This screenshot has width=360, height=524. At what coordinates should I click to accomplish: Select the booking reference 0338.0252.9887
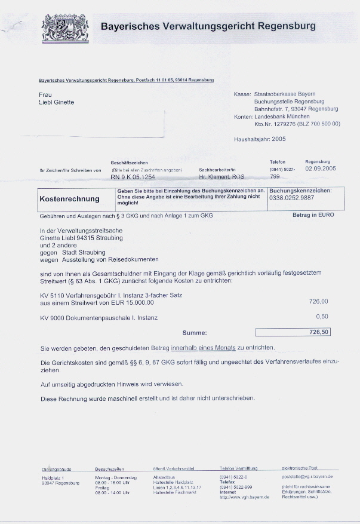coord(291,198)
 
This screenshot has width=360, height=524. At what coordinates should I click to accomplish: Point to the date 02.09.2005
coord(321,169)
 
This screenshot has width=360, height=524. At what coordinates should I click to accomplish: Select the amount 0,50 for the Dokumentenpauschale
coord(322,316)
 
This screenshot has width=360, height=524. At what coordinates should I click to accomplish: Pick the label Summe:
coord(195,333)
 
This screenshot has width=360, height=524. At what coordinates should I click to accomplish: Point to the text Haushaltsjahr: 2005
coord(260,139)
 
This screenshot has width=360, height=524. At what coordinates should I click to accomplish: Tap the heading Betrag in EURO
coord(313,215)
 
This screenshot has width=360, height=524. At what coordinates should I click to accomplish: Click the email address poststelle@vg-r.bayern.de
coord(307,477)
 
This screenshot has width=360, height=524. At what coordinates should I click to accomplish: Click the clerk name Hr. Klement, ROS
coord(221,177)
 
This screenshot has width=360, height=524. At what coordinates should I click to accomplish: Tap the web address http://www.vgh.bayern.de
coord(245,497)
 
